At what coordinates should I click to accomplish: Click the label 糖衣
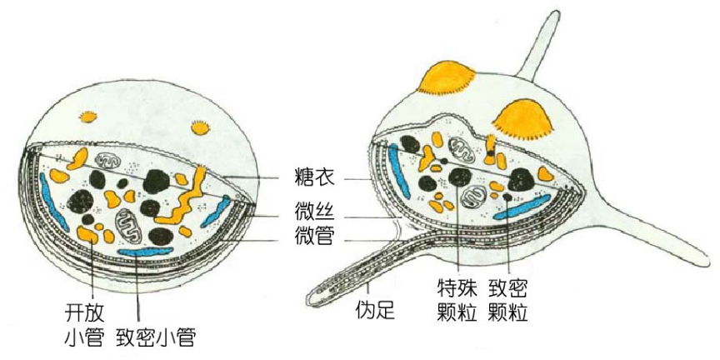pos(315,177)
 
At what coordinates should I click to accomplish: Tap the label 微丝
pos(315,207)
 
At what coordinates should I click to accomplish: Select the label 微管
pos(315,237)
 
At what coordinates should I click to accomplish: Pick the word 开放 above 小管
pos(84,312)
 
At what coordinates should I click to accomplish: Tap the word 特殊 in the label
pos(457,288)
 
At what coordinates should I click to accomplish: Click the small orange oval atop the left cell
pos(87,115)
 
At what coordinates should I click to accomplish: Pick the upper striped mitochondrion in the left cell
pos(107,158)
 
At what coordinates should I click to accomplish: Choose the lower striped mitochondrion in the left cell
pos(129,224)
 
